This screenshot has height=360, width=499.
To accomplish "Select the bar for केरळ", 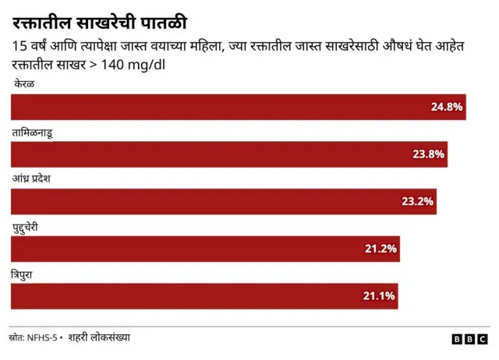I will click(x=238, y=107).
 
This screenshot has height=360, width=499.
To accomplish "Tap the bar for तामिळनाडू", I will click(x=228, y=154).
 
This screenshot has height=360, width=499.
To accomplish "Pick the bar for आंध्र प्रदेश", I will click(x=223, y=202).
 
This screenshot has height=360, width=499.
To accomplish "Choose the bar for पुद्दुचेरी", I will click(x=205, y=249).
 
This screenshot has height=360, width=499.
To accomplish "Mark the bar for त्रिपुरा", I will click(x=204, y=296).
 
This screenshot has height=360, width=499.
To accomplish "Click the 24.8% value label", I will click(x=447, y=107).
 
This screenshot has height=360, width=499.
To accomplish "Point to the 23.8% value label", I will click(x=428, y=154).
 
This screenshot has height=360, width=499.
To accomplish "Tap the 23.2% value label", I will click(x=417, y=202).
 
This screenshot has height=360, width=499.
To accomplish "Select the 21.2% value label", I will click(x=380, y=249).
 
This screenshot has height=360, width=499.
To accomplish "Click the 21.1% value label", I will click(x=380, y=296).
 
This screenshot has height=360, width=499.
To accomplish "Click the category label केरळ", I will click(x=23, y=83).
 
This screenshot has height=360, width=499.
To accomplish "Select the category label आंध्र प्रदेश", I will click(x=37, y=178).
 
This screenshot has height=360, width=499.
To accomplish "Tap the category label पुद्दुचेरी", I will click(x=31, y=226).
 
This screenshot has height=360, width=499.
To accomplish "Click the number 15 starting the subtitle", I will click(x=20, y=47).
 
